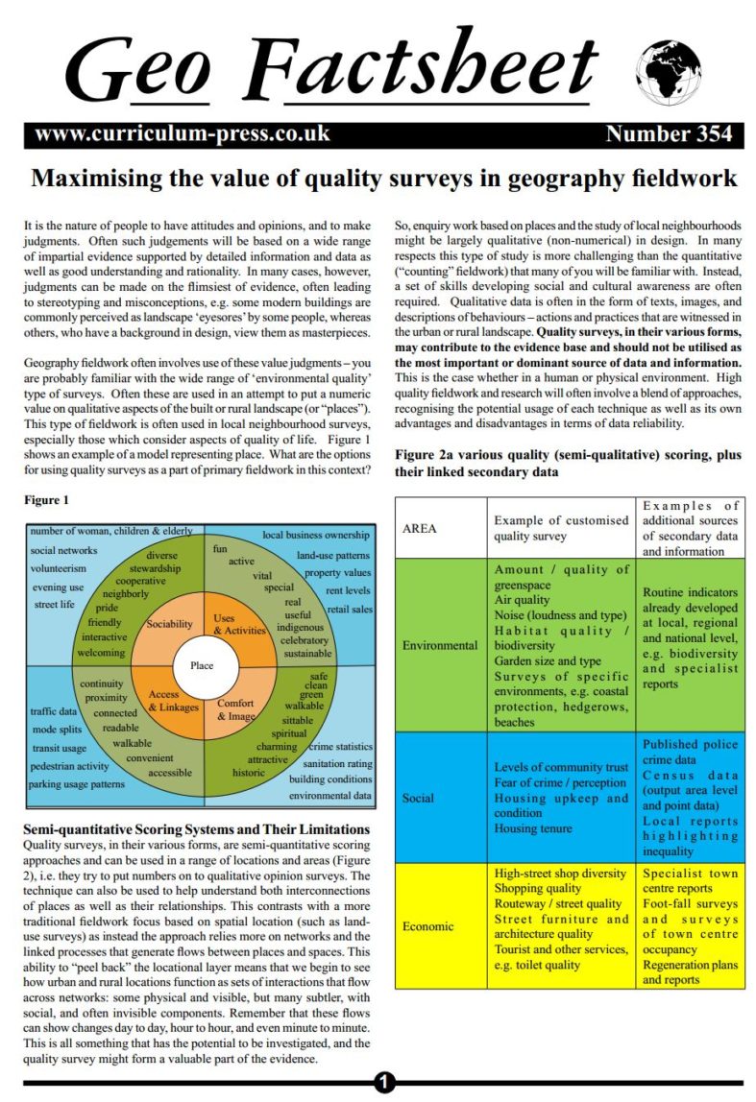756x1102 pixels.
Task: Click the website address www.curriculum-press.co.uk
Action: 182,133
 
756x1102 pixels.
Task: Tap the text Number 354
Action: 669,133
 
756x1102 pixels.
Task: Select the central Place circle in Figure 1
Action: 202,665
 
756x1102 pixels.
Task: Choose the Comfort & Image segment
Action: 236,709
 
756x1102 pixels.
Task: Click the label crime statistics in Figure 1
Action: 340,746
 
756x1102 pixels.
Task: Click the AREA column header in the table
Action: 420,528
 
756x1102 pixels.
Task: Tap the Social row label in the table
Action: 418,798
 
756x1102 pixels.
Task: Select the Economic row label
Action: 428,926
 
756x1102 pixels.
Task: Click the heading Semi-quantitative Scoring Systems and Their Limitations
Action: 196,828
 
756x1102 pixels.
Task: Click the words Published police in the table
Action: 689,744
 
